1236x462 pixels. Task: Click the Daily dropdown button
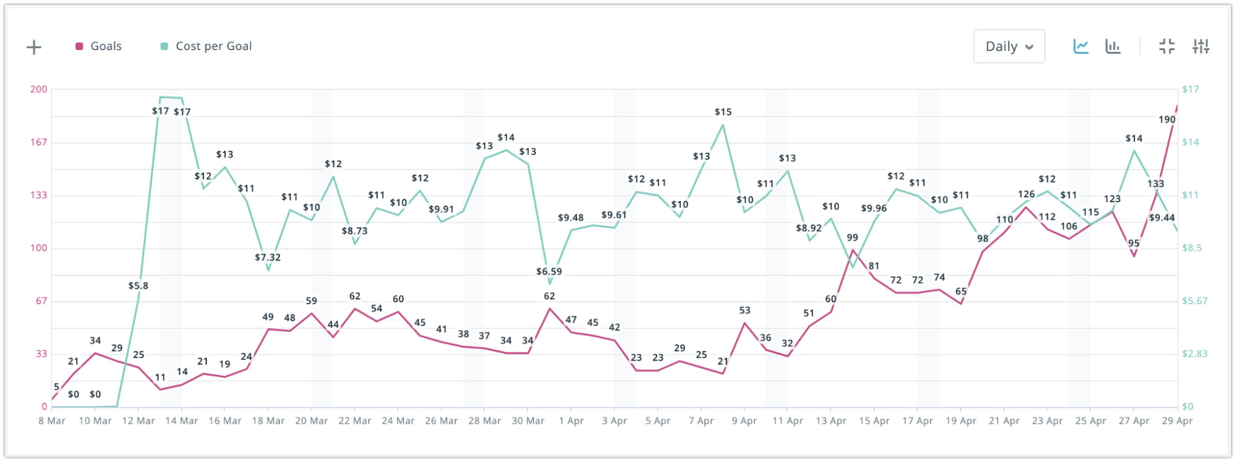(1008, 46)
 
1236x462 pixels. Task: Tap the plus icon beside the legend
(34, 47)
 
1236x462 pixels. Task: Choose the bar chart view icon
(1113, 46)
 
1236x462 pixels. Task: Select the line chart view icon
(1081, 46)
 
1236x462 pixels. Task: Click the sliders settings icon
(1201, 46)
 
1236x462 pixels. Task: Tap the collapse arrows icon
(1167, 46)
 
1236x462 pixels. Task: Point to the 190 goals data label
(1167, 120)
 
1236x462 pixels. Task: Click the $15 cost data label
(723, 112)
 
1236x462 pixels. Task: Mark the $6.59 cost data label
(549, 272)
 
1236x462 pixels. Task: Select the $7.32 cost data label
(268, 257)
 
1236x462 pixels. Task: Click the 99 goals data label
(852, 237)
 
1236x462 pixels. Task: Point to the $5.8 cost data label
(138, 286)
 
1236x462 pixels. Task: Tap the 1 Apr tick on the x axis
(571, 421)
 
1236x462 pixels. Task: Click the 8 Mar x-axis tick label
(52, 421)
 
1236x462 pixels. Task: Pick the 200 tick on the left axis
(38, 89)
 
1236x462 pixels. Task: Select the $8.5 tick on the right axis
(1191, 248)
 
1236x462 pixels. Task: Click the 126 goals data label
(1026, 194)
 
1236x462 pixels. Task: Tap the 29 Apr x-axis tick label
(1177, 421)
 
